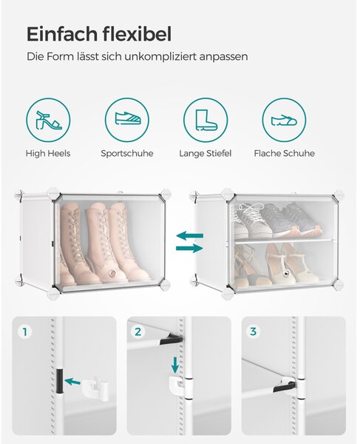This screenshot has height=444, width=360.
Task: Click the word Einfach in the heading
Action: (62, 34)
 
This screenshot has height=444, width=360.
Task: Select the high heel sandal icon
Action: (48, 121)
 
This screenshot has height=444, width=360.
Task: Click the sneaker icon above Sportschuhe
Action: (128, 118)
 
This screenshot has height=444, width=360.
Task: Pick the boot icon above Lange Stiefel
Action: (206, 120)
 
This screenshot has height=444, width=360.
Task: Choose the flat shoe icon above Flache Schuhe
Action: (284, 120)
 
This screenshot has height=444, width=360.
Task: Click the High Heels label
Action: (48, 153)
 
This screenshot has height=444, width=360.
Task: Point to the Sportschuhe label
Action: (127, 154)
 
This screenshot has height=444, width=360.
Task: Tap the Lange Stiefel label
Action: (206, 154)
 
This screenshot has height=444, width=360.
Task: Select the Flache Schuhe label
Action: (284, 153)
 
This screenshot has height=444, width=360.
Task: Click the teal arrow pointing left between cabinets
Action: (189, 235)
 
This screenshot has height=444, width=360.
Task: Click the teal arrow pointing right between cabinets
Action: (189, 249)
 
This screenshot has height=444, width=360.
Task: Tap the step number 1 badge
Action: (25, 332)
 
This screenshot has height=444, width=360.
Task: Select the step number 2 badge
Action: (138, 332)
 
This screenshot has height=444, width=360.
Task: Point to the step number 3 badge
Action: (253, 332)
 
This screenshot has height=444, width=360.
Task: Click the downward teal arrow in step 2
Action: (175, 365)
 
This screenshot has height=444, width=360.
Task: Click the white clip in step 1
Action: (95, 387)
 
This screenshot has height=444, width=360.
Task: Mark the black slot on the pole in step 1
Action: (60, 381)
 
